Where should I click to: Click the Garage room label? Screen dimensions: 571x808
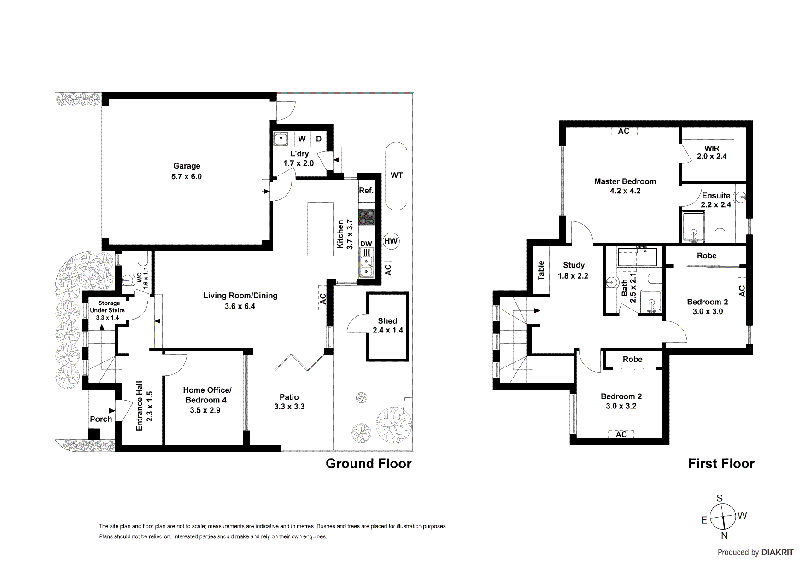(187, 166)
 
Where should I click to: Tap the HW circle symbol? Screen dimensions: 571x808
(391, 241)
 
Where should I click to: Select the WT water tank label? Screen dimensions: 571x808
(396, 175)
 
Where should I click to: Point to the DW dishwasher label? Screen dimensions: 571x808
(366, 244)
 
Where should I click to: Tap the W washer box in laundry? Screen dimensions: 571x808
(302, 139)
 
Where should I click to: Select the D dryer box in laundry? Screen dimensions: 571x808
(318, 139)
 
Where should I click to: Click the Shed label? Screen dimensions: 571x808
(387, 321)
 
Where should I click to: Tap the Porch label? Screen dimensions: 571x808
(101, 419)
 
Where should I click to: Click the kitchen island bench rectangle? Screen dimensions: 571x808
(321, 229)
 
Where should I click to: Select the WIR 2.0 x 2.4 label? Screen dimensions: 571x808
(712, 152)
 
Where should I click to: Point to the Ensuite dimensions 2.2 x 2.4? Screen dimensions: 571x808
(716, 205)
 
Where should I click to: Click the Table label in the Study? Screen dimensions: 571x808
(541, 270)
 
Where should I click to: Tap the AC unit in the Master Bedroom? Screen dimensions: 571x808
(624, 131)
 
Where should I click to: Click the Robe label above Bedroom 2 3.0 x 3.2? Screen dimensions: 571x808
(632, 359)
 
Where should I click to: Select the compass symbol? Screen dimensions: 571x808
(722, 517)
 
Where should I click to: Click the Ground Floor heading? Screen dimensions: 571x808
(369, 464)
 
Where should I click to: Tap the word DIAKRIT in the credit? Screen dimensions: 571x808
(777, 553)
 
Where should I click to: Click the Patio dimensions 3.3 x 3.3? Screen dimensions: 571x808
(289, 407)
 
